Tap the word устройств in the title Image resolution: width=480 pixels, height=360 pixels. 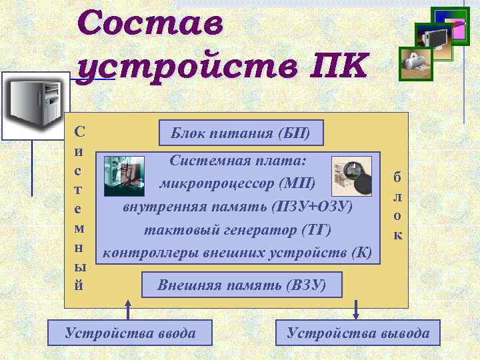182,67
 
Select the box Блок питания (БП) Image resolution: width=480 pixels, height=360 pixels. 241,133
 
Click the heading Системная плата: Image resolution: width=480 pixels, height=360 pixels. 238,161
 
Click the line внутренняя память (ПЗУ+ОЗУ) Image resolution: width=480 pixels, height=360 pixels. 238,206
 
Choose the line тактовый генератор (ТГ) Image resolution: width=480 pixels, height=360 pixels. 238,229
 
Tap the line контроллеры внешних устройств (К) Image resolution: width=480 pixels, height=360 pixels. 239,253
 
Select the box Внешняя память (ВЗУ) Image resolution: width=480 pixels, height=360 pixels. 241,285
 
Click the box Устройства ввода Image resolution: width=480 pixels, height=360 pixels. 130,333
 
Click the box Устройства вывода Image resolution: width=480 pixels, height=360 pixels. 358,333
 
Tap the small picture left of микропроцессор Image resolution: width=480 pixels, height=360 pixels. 124,176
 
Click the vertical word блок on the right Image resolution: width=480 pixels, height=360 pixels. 397,206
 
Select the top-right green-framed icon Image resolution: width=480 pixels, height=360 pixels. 450,25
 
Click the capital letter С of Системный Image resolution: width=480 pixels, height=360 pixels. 79,133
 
